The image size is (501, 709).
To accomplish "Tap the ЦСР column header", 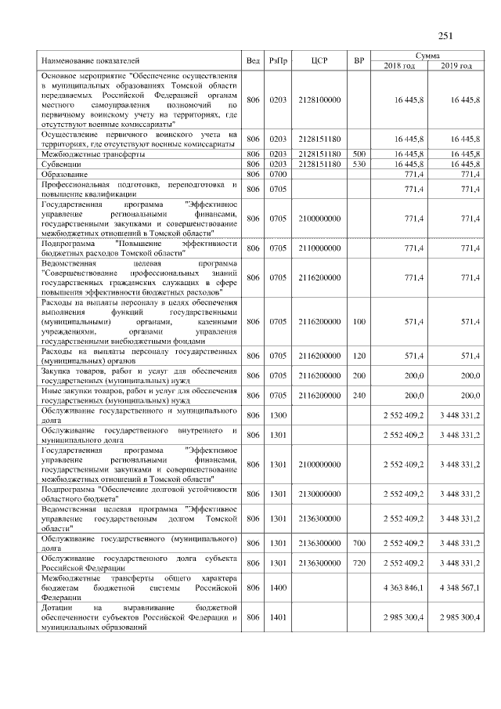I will pos(319,61).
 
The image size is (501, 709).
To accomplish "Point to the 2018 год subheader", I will pos(399,66).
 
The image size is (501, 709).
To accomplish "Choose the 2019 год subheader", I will pos(456,66).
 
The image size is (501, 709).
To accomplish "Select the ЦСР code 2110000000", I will pos(319,248).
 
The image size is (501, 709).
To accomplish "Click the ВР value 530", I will pos(359,165).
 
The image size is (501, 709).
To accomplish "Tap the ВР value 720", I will pos(359,563).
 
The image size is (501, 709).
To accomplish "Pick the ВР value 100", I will pos(359,321).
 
